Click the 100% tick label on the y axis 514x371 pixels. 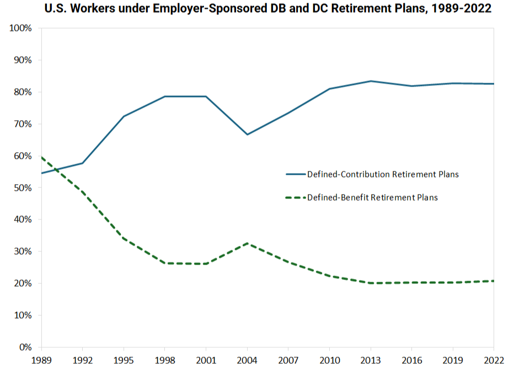click(x=21, y=28)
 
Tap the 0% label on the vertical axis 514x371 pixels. click(x=25, y=347)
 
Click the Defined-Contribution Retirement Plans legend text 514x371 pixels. click(x=383, y=174)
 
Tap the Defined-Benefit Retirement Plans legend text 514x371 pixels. click(x=372, y=197)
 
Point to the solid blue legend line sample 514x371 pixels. click(x=295, y=174)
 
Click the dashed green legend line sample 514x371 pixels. click(x=295, y=197)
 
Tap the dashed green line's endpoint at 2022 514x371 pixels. click(x=494, y=281)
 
